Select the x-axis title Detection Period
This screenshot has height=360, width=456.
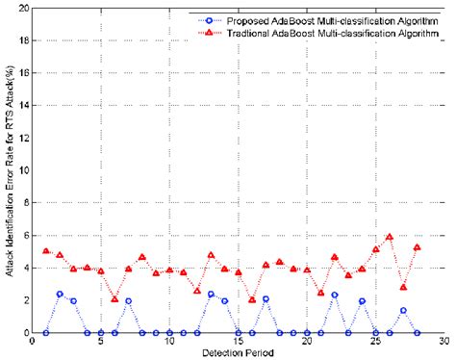click(237, 352)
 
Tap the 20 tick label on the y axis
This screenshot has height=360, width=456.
click(21, 9)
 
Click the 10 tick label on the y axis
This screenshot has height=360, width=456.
click(21, 170)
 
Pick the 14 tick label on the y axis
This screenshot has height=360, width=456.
click(21, 106)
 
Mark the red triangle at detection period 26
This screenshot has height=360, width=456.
click(389, 237)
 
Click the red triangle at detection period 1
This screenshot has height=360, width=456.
click(46, 251)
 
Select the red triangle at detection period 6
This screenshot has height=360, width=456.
click(114, 299)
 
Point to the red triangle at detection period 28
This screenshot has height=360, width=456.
click(417, 247)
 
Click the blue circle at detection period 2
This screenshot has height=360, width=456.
click(60, 294)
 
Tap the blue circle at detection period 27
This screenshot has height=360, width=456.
click(403, 311)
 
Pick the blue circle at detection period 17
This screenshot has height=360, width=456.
click(266, 298)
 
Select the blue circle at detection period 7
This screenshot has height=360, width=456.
click(128, 300)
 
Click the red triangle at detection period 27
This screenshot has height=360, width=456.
click(403, 288)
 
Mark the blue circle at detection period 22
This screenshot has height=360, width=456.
click(334, 295)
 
